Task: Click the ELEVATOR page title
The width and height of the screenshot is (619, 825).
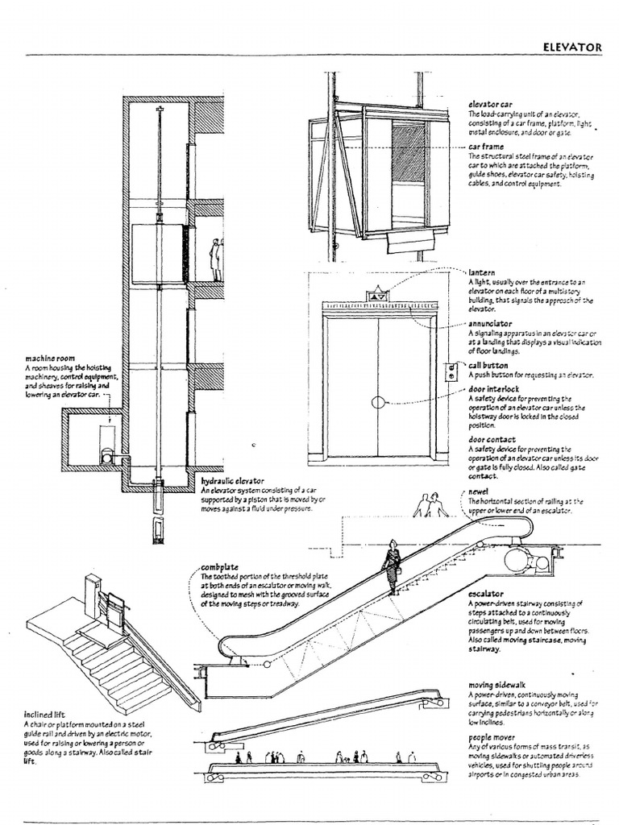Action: (574, 48)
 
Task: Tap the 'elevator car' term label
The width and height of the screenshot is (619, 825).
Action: (490, 105)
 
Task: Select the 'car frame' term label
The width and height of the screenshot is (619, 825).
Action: (487, 147)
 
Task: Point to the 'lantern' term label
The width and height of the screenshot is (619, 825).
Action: (482, 273)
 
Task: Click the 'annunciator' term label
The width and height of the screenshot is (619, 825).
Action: (490, 323)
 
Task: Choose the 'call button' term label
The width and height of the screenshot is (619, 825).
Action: (488, 364)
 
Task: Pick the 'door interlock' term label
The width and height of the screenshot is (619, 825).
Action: (494, 389)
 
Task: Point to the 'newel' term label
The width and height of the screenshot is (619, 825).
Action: (479, 491)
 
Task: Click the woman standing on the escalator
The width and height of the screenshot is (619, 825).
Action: (393, 566)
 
